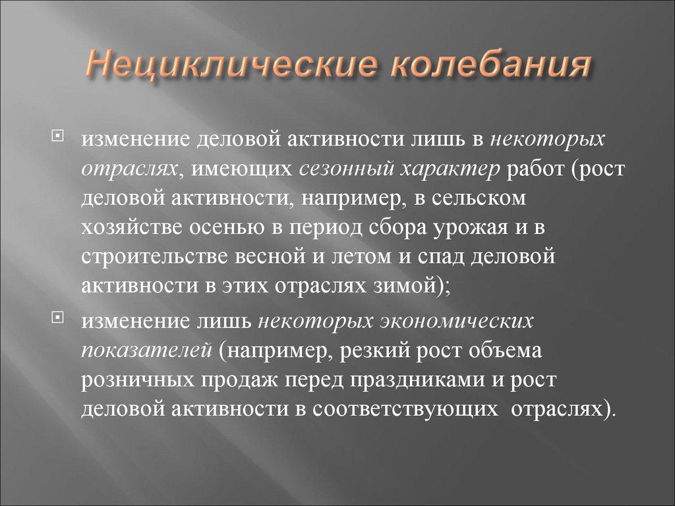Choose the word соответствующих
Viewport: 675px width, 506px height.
tap(403, 409)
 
